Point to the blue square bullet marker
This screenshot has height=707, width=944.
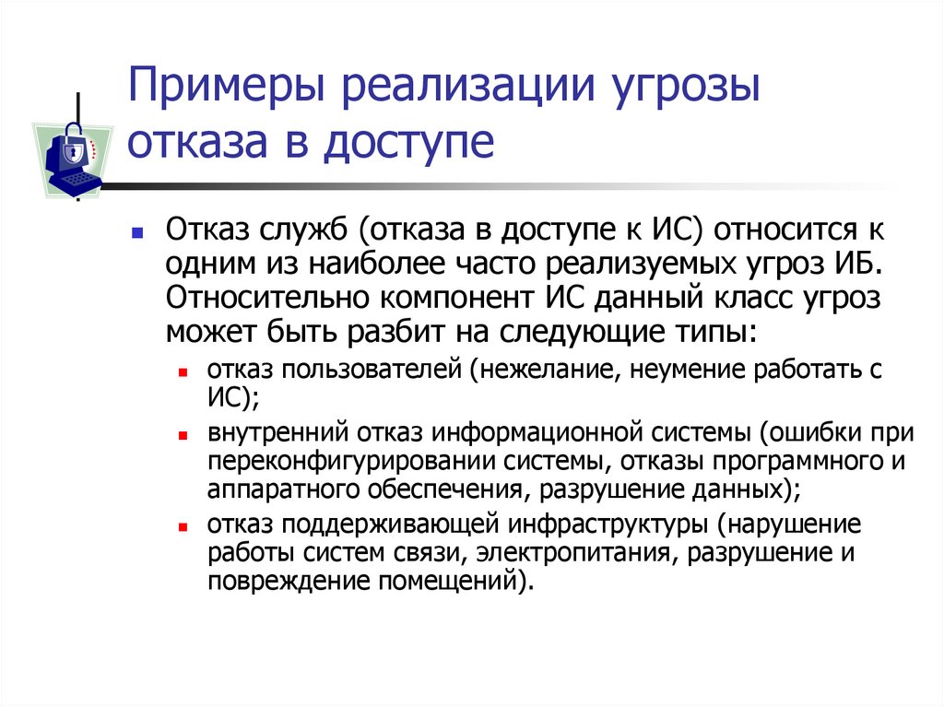point(137,235)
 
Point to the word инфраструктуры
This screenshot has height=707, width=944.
point(608,524)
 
